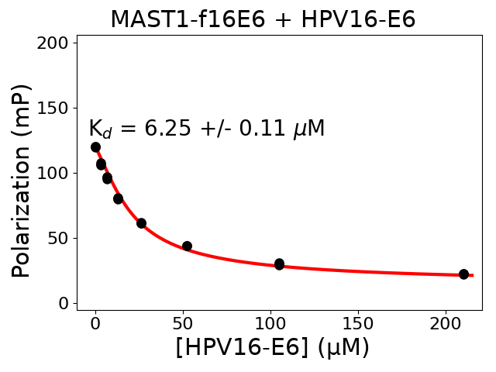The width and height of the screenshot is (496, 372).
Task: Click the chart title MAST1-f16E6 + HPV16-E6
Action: tap(263, 19)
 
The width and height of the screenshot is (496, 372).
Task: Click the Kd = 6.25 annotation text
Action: tap(206, 129)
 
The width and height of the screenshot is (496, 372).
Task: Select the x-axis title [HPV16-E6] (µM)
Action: tap(272, 347)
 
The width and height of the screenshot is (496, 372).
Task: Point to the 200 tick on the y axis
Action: tap(56, 43)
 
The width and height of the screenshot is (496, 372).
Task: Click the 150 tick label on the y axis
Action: tap(56, 108)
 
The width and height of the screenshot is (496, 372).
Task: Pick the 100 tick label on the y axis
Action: tap(56, 173)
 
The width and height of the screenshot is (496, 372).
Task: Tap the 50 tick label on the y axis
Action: tap(60, 238)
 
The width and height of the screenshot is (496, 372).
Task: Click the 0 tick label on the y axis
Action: tap(64, 303)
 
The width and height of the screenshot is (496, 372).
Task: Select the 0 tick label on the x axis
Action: tap(95, 324)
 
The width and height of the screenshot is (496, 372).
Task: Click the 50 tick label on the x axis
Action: tap(183, 324)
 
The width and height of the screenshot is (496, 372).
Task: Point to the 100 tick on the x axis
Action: tap(270, 324)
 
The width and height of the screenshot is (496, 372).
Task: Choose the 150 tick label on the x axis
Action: tap(358, 324)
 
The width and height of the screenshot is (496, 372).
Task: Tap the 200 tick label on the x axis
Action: tap(446, 324)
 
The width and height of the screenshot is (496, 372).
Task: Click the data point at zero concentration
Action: tap(95, 147)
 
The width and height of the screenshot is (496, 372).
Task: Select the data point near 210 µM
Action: tap(463, 274)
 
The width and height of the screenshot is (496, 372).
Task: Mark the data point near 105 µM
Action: tap(279, 264)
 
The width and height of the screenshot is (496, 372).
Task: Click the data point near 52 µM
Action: tap(187, 246)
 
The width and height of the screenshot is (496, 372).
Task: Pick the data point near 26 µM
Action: tap(141, 223)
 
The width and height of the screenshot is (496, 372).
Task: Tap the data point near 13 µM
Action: tap(118, 199)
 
